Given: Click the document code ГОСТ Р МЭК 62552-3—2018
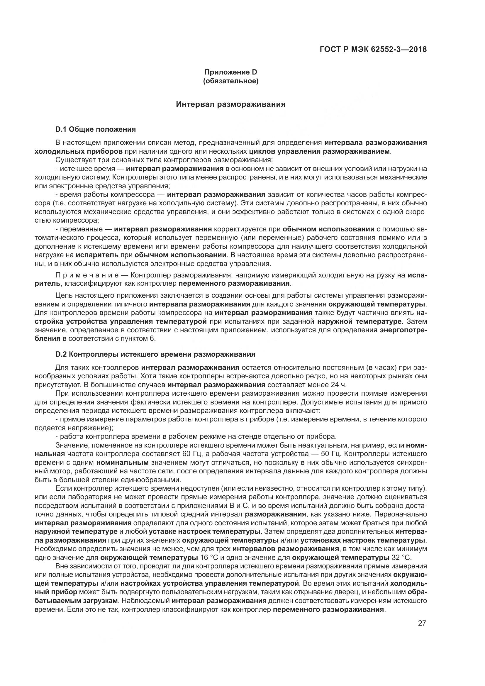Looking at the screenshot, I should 373,49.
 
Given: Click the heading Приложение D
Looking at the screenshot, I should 230,72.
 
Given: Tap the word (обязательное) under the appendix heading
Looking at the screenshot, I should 230,81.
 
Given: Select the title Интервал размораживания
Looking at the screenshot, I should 230,104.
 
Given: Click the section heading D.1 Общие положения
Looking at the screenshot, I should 96,129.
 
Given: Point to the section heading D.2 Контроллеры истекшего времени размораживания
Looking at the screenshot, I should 155,354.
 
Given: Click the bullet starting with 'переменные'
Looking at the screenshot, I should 81,229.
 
